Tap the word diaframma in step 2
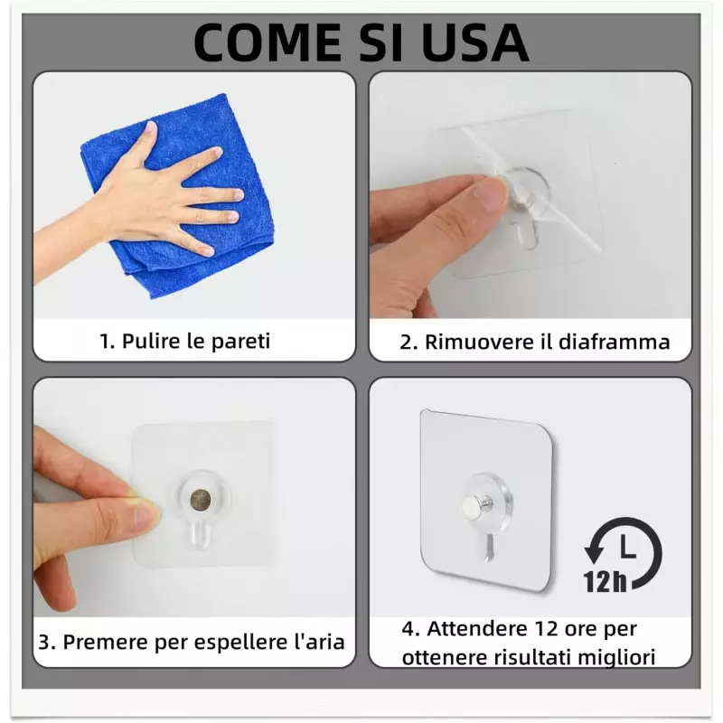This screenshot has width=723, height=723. (614, 343)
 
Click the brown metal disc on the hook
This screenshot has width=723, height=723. (201, 500)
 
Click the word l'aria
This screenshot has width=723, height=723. (319, 642)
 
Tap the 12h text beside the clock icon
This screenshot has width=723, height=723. (605, 581)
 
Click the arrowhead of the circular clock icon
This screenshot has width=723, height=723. (594, 550)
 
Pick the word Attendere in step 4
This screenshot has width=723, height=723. (476, 628)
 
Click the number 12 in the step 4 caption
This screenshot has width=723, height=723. (546, 629)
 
